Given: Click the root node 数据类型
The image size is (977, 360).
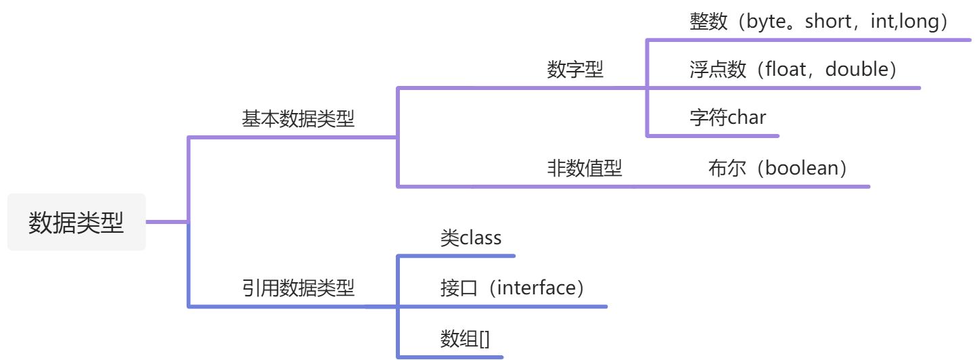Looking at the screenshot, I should (76, 223).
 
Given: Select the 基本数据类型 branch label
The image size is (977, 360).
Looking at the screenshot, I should (298, 120).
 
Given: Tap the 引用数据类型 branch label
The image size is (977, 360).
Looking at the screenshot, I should (298, 288).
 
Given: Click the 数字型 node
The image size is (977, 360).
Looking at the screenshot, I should (575, 70).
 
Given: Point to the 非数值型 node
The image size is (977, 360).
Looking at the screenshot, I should (584, 168).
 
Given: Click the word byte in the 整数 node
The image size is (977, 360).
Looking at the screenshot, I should (767, 22).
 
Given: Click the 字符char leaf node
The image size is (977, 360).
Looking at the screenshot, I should (727, 118).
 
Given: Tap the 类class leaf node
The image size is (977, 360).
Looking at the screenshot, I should (471, 238).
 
